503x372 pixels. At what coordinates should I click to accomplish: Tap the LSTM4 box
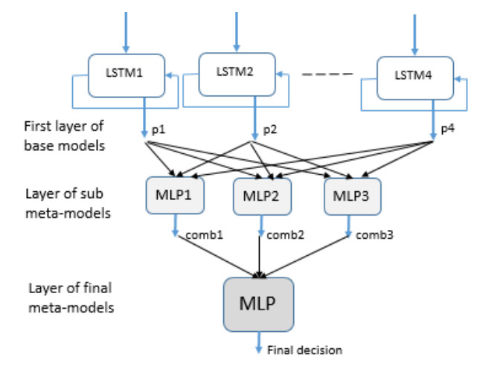tap(414, 77)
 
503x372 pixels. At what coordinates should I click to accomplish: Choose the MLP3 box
tap(352, 196)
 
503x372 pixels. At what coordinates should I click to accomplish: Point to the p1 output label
tap(158, 130)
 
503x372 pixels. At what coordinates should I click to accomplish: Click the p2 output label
tap(269, 129)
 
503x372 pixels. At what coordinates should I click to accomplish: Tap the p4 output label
tap(447, 129)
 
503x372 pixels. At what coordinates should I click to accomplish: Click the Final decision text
tap(304, 350)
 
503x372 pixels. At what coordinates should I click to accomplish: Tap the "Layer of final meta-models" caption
tap(71, 297)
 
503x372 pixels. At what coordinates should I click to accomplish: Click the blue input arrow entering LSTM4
tap(414, 33)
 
